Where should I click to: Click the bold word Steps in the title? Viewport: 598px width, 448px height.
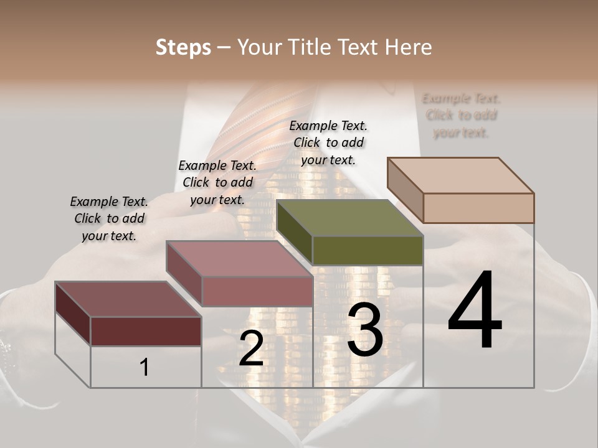tap(183, 47)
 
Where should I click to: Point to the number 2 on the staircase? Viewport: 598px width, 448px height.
tap(251, 348)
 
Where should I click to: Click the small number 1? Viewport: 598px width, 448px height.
tap(145, 368)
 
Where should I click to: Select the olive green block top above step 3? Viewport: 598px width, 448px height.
tap(349, 218)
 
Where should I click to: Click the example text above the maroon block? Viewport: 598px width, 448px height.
tap(109, 218)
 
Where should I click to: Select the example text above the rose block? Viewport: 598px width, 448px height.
tap(217, 182)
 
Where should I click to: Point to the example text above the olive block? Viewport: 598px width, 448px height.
tap(328, 142)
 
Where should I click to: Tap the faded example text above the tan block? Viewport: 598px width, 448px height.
tap(461, 115)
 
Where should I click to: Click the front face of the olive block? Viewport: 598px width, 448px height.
tap(368, 250)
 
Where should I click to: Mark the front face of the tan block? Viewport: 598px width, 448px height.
tap(478, 208)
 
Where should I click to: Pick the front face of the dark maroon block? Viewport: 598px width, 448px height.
tap(146, 331)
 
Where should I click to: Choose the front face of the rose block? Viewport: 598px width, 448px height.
tap(257, 291)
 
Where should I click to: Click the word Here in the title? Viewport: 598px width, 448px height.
tap(409, 47)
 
